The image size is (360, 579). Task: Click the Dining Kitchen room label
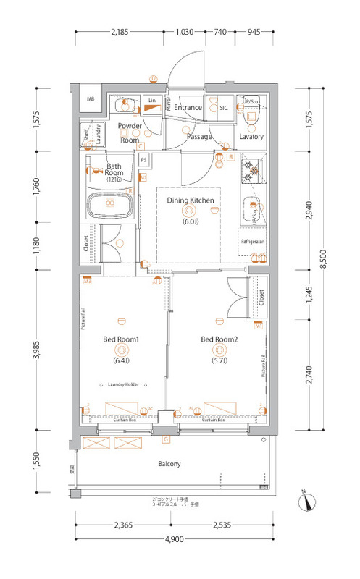189,200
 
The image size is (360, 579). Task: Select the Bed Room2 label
218,339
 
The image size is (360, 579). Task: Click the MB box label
91,99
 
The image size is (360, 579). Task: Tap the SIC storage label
224,108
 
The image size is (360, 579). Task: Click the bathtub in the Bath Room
109,203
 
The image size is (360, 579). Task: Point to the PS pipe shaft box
144,160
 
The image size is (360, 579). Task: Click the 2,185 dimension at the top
120,32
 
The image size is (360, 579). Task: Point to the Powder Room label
130,132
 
